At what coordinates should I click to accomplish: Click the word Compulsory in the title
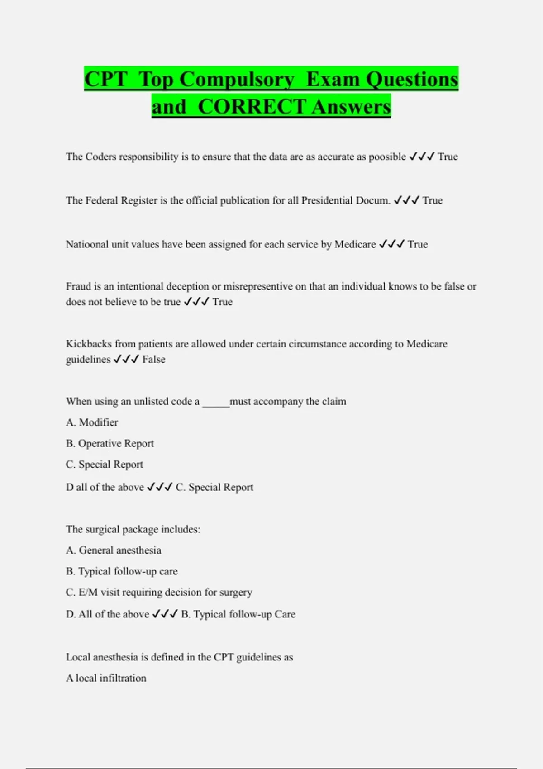(x=237, y=79)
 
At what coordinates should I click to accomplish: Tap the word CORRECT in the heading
(x=252, y=107)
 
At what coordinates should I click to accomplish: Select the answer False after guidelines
(x=154, y=359)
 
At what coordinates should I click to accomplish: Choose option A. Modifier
(x=92, y=422)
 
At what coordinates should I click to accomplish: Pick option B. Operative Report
(x=110, y=443)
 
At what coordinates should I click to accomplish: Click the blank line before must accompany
(x=216, y=403)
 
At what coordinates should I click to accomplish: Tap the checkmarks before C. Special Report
(x=160, y=487)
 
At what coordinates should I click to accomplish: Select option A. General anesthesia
(x=114, y=550)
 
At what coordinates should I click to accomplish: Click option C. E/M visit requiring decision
(x=159, y=592)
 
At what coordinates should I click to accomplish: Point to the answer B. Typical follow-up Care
(x=238, y=614)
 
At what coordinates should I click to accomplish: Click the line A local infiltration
(x=106, y=678)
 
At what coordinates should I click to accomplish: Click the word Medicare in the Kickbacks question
(x=427, y=344)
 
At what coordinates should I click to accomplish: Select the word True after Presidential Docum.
(x=433, y=200)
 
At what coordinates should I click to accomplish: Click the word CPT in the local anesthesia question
(x=224, y=657)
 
